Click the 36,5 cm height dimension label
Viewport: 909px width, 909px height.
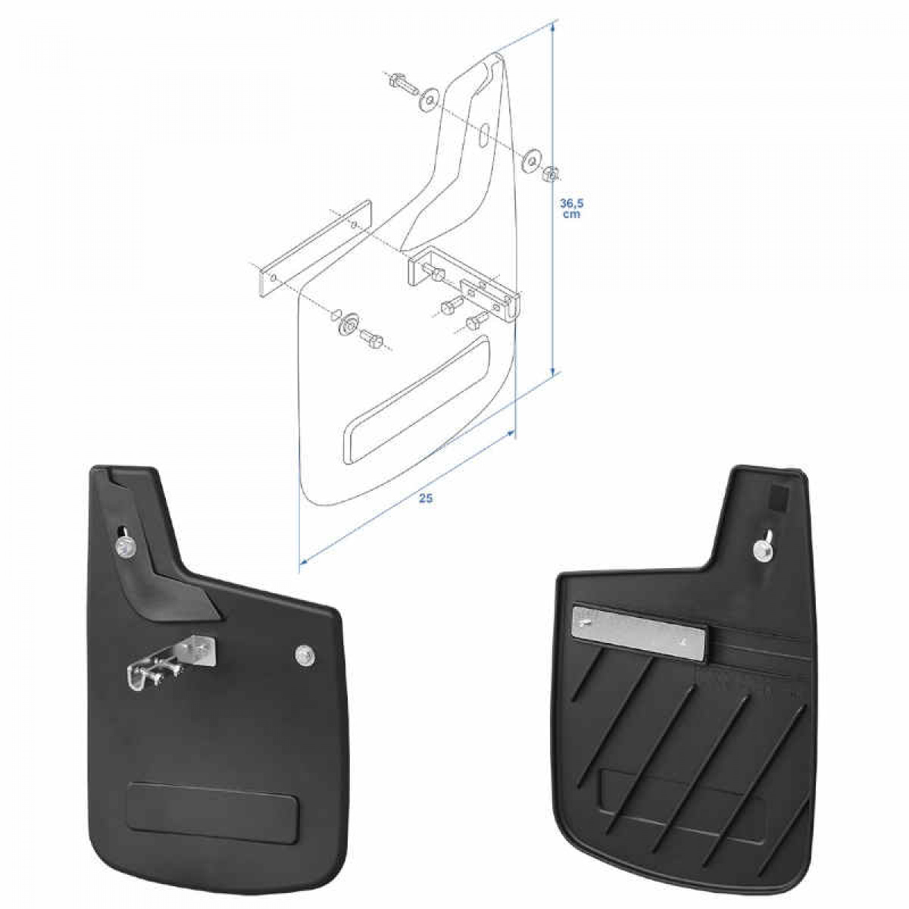click(x=570, y=208)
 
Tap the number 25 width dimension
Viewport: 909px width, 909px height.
click(x=426, y=498)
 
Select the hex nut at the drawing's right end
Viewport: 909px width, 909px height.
click(x=552, y=173)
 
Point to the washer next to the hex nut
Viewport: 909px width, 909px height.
click(x=533, y=159)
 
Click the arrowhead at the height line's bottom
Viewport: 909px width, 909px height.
click(x=554, y=370)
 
